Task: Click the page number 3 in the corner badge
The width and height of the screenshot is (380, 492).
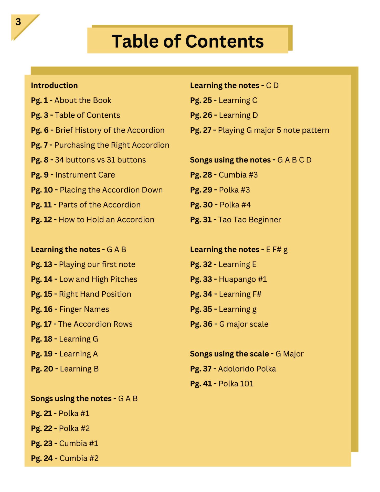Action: click(18, 22)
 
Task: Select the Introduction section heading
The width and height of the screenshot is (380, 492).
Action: click(54, 85)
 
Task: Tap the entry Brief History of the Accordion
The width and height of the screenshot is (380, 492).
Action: click(110, 130)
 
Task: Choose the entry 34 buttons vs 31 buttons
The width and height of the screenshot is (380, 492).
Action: click(100, 160)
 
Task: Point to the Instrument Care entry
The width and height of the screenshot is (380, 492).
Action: click(85, 175)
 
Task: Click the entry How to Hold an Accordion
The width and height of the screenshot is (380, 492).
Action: click(106, 220)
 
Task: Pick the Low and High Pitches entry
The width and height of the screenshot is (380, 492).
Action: click(98, 279)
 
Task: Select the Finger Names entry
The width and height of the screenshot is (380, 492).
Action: click(84, 309)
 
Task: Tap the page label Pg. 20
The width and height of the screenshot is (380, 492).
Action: click(42, 369)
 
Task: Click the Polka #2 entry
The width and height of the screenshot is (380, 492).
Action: click(74, 428)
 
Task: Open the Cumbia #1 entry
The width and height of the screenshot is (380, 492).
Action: click(79, 443)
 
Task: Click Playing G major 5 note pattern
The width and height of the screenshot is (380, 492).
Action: click(273, 130)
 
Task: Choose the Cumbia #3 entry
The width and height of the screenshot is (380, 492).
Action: click(238, 175)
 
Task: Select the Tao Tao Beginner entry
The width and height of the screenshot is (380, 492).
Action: click(249, 220)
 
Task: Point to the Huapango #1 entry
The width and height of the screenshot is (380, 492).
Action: click(243, 279)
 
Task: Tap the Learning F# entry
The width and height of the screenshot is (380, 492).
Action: click(240, 294)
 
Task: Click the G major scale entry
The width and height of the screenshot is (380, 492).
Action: click(244, 324)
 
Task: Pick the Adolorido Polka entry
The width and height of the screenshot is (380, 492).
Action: click(247, 369)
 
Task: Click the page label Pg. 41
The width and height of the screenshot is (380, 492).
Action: click(201, 384)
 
